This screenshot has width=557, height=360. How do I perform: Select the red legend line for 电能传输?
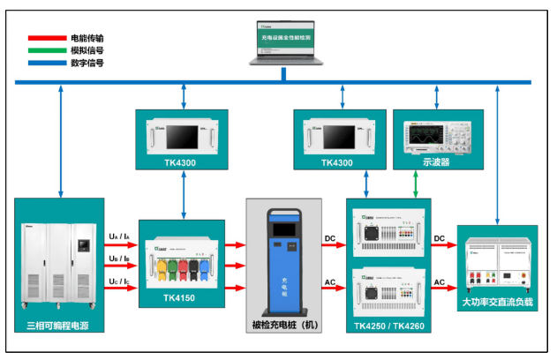tap(46, 39)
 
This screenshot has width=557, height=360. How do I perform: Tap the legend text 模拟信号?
tap(87, 51)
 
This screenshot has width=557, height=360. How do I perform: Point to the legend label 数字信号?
tap(87, 64)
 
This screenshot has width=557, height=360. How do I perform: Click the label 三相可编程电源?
tap(58, 326)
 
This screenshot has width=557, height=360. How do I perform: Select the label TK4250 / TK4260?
tap(388, 326)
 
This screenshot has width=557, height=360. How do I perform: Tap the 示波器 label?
tap(438, 163)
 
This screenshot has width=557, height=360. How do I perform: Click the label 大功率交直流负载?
tap(498, 303)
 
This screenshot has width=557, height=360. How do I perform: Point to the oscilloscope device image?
tap(438, 135)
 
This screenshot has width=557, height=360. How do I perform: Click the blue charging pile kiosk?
tap(284, 260)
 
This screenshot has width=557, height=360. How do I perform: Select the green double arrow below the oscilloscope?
tap(417, 184)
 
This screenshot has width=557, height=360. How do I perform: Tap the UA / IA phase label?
tap(120, 236)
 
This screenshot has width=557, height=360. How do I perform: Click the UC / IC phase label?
tap(120, 280)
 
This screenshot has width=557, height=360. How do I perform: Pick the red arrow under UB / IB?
tap(121, 266)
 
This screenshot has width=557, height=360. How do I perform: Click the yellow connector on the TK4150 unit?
tap(162, 266)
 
